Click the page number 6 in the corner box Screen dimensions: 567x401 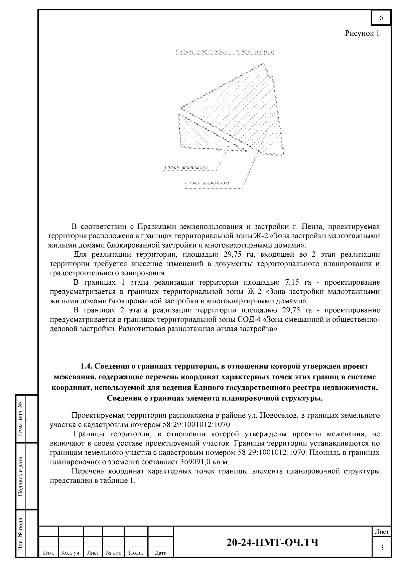click(381, 18)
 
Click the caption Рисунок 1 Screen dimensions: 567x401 click(362, 33)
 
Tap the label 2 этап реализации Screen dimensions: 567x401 click(207, 183)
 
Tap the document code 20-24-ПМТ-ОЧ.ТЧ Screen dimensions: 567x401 click(272, 542)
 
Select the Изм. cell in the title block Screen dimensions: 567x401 click(49, 553)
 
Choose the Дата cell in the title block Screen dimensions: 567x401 click(160, 553)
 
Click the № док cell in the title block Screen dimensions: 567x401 click(113, 553)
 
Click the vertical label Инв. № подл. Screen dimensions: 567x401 click(21, 534)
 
